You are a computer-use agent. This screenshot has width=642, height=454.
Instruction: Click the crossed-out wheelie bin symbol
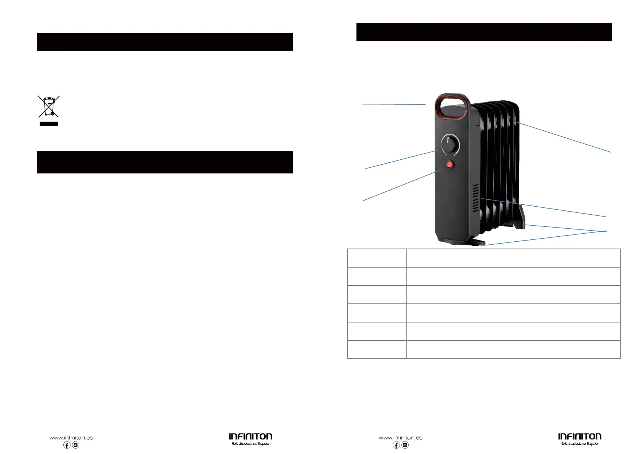49,106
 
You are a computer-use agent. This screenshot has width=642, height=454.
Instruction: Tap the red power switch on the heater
450,165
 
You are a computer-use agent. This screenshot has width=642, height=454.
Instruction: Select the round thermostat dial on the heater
450,145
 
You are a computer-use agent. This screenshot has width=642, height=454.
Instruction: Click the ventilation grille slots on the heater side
476,198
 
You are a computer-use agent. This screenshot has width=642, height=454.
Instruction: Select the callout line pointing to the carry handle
394,104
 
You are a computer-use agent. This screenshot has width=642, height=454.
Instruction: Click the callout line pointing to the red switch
402,185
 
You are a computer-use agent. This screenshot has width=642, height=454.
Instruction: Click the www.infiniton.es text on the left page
71,438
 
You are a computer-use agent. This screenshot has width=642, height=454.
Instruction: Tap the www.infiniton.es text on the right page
400,438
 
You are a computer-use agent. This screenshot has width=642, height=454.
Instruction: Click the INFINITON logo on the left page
250,437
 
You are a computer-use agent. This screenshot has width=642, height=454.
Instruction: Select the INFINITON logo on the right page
579,437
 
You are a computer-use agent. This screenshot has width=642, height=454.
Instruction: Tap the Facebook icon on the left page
67,445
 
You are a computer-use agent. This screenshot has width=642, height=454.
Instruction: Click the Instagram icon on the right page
405,445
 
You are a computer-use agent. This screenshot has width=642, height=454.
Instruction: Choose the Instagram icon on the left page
76,445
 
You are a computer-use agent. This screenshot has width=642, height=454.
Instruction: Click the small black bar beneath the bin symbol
49,124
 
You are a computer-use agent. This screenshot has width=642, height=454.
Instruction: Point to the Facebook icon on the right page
396,445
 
